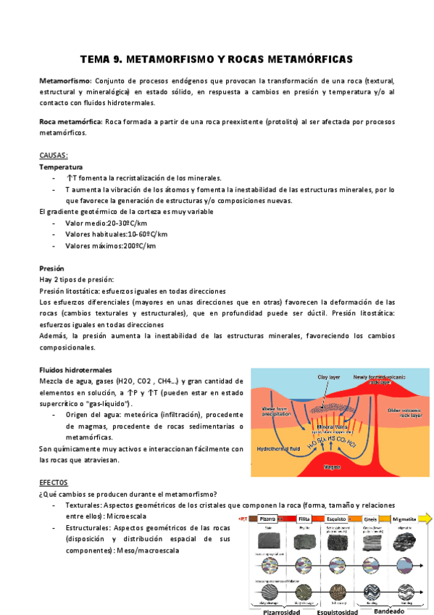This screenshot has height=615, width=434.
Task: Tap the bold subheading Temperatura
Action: coord(61,167)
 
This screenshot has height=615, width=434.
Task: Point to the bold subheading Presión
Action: coord(53,268)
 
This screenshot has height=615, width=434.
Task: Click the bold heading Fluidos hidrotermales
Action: coord(75,370)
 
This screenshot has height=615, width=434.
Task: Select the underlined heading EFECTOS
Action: coord(54,482)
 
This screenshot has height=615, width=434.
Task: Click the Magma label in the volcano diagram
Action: coord(332,467)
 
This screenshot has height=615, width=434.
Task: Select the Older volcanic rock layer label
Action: coord(404,413)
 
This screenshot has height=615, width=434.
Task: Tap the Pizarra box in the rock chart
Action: coord(268,519)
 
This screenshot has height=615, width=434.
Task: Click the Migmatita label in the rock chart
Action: coord(404,519)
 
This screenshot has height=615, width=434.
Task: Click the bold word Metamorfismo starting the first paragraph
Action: coord(64,81)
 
